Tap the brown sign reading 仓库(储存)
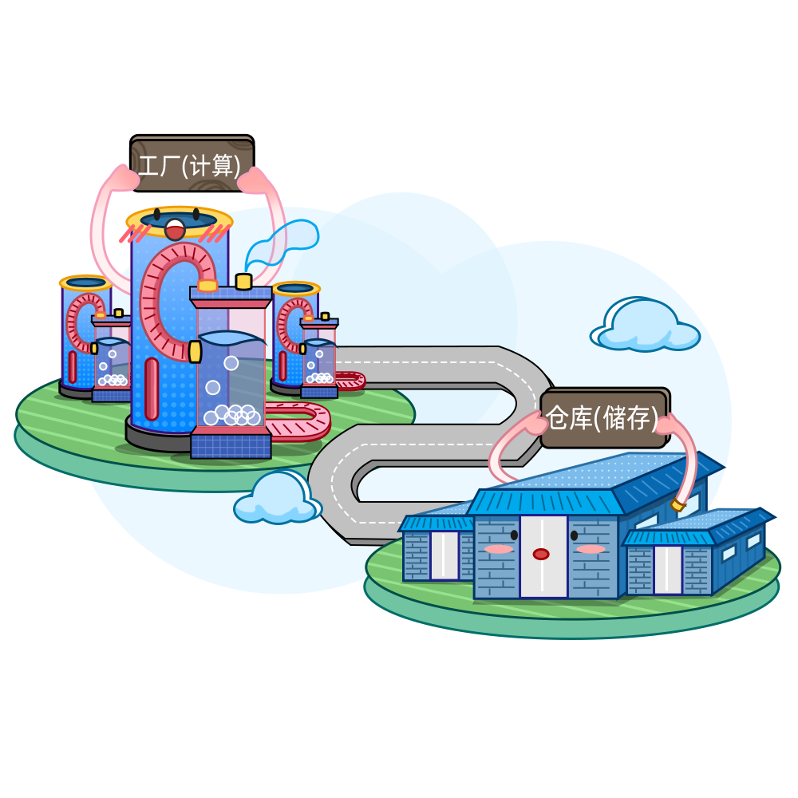[603, 418]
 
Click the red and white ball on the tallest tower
[175, 229]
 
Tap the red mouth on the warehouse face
[541, 554]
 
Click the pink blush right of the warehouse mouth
[591, 549]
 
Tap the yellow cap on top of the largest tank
[243, 281]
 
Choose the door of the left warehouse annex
[444, 555]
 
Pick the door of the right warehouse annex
[668, 569]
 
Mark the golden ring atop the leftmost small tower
[85, 282]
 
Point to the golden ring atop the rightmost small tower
[295, 288]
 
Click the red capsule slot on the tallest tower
[152, 389]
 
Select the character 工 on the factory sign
[149, 165]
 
